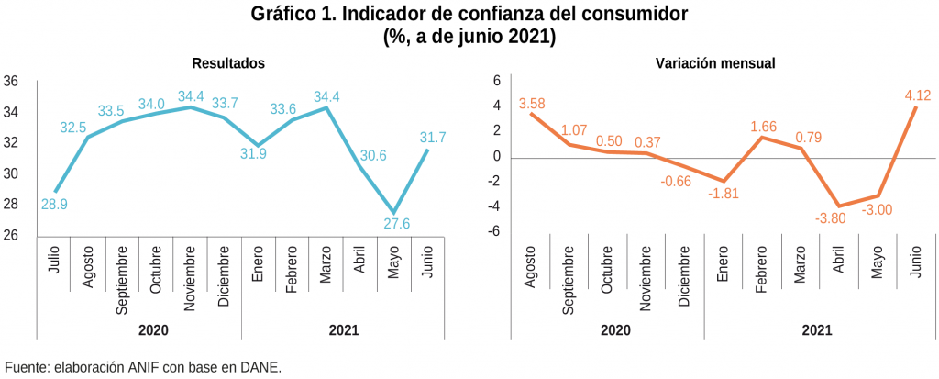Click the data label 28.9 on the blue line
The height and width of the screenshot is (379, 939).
pos(55,204)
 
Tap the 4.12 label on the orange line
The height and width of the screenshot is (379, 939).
pos(918,95)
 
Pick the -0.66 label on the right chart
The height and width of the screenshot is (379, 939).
pos(676,181)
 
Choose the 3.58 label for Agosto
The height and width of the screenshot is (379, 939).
pos(532,104)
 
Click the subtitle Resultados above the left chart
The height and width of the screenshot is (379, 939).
pos(228,63)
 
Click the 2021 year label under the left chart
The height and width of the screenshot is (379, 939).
pos(343,330)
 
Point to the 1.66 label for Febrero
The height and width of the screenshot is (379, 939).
pos(764,128)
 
